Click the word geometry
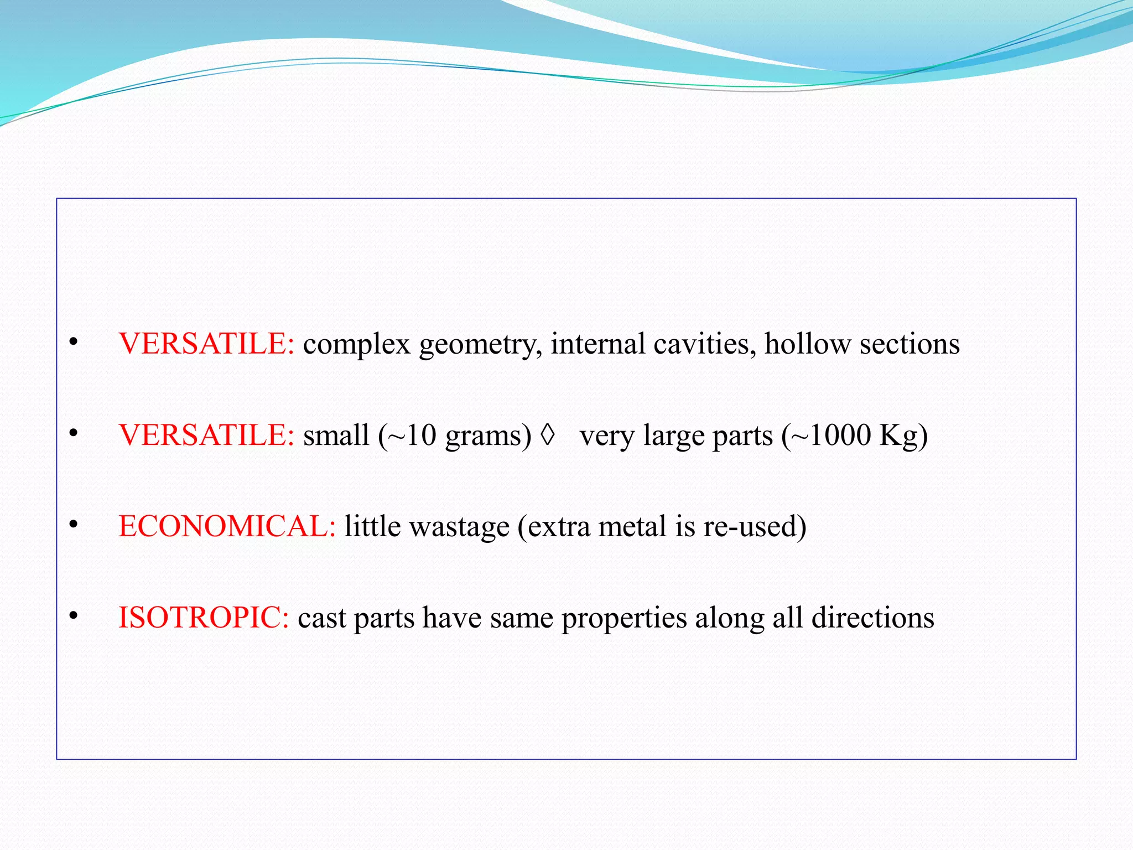pyautogui.click(x=480, y=345)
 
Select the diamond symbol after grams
pyautogui.click(x=547, y=435)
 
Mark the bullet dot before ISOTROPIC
pyautogui.click(x=73, y=616)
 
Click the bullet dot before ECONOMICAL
pyautogui.click(x=73, y=525)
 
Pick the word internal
pyautogui.click(x=597, y=344)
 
